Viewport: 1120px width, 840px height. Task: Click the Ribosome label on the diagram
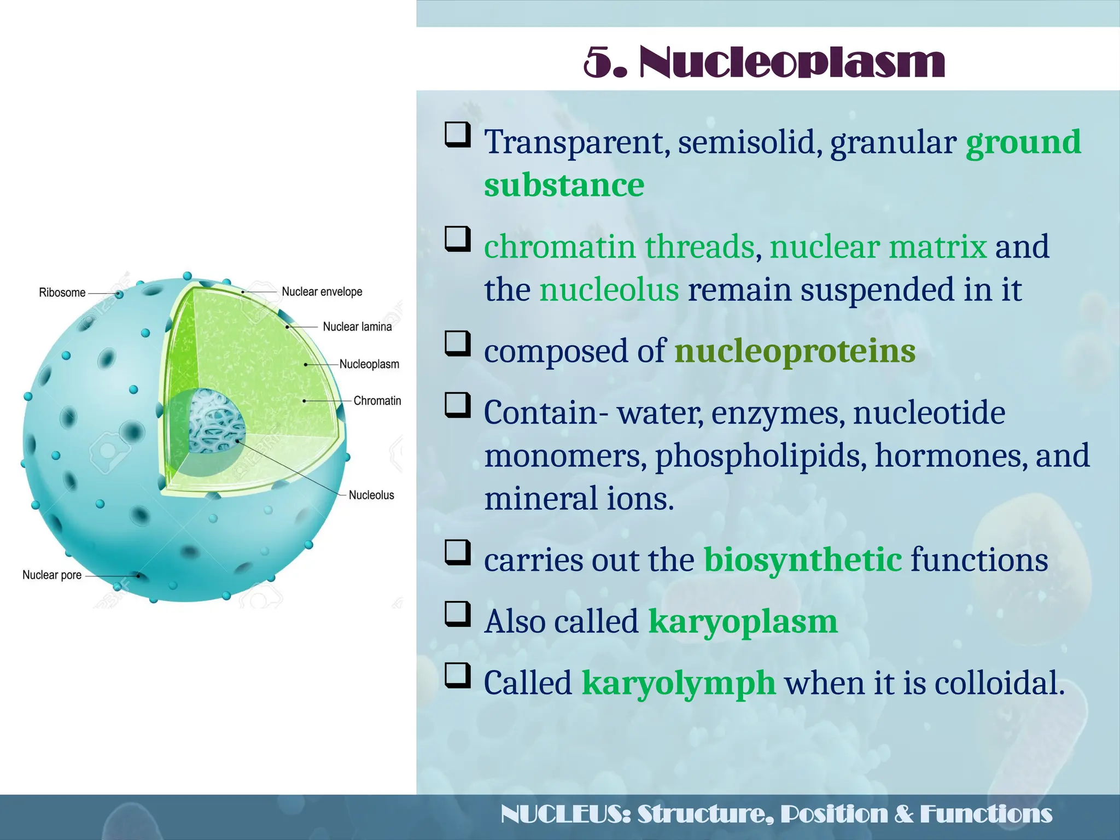pos(62,293)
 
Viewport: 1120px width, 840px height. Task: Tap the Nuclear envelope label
pos(322,291)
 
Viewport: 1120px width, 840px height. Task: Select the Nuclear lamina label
pos(357,326)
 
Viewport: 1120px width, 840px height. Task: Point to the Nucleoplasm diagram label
pos(369,364)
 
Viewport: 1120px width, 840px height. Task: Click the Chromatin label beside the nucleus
pos(377,401)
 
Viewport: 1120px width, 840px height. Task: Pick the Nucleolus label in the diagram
pos(371,495)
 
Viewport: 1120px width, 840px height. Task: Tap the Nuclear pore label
pos(52,575)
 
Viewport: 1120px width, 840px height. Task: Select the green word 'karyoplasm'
pos(743,622)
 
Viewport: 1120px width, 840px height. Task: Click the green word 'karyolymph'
pos(678,683)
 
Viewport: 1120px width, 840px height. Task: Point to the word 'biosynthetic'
pos(802,560)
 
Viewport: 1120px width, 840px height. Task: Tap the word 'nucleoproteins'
pos(795,351)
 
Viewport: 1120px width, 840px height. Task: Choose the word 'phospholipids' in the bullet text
pos(761,456)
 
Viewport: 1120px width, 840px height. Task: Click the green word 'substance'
pos(564,185)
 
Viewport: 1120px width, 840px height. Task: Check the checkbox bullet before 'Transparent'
pos(457,135)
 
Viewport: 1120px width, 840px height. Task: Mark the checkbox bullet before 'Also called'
pos(457,615)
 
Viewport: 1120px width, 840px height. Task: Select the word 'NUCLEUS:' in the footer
pos(565,814)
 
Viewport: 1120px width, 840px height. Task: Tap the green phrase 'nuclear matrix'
pos(878,247)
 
